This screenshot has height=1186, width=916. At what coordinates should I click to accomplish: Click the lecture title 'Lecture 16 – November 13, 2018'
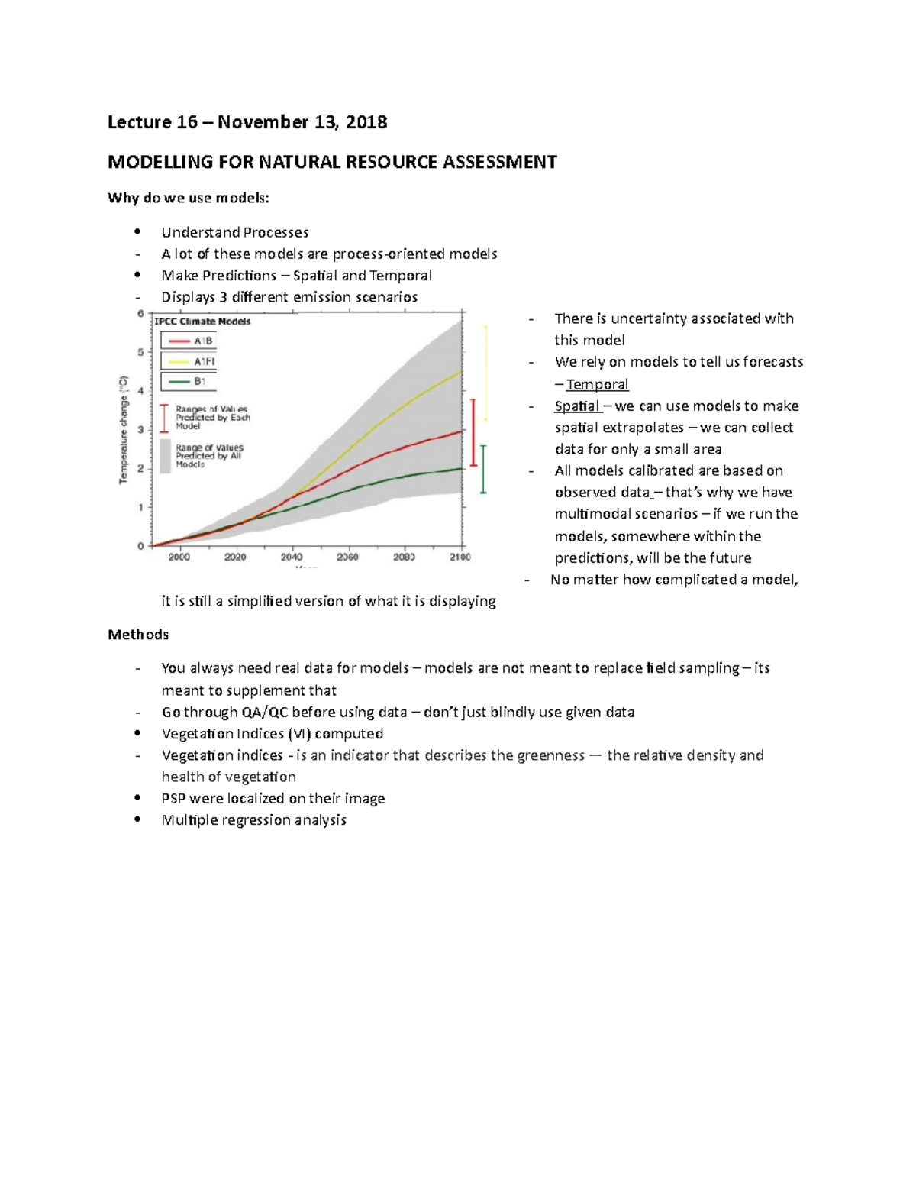247,122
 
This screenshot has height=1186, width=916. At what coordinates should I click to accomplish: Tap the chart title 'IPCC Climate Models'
203,322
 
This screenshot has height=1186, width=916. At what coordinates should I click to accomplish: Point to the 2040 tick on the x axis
292,557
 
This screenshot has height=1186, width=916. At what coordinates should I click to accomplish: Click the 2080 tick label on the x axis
404,557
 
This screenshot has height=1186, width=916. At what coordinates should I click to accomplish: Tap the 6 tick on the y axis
140,313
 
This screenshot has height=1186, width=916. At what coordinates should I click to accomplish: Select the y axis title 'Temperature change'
123,429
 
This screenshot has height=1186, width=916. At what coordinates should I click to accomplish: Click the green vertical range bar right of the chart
483,469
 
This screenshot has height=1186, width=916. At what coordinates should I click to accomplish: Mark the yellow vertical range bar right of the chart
486,373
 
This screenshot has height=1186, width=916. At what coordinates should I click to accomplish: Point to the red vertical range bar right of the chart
473,432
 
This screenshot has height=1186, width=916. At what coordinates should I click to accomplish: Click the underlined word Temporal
597,384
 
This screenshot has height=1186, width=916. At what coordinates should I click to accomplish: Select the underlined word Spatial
577,406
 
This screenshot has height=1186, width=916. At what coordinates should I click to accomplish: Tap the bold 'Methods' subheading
138,635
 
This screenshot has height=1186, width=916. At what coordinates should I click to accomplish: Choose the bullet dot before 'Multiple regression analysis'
137,819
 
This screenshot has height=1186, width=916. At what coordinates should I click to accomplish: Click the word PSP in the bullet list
173,799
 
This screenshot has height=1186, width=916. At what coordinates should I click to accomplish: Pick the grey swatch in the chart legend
165,456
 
